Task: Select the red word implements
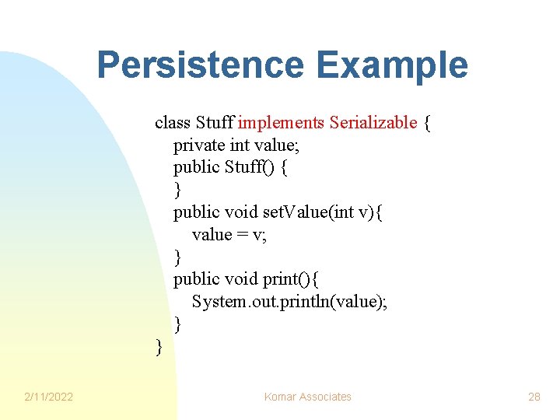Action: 281,122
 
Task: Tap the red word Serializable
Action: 373,122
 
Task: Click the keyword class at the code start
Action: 173,122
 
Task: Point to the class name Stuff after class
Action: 215,122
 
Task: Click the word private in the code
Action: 199,145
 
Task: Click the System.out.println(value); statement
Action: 289,302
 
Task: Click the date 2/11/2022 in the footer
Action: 48,397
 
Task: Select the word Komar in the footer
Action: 278,397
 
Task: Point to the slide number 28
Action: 534,397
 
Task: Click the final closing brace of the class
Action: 159,347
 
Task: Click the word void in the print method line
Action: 240,279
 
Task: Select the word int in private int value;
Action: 239,145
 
